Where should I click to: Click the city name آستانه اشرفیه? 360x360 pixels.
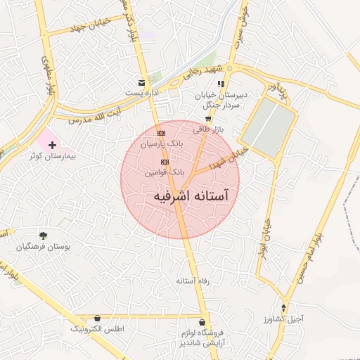(x=191, y=196)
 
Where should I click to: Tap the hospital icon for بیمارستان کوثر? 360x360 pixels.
(x=52, y=144)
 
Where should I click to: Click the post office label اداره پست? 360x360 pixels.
(x=143, y=93)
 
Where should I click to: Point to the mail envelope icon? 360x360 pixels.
(x=142, y=82)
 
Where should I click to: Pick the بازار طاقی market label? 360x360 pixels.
(x=208, y=129)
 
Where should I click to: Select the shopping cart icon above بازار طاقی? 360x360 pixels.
(x=208, y=119)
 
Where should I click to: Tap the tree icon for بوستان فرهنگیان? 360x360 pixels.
(x=44, y=236)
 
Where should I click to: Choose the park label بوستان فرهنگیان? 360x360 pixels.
(x=44, y=247)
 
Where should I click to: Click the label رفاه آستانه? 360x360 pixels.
(x=190, y=281)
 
